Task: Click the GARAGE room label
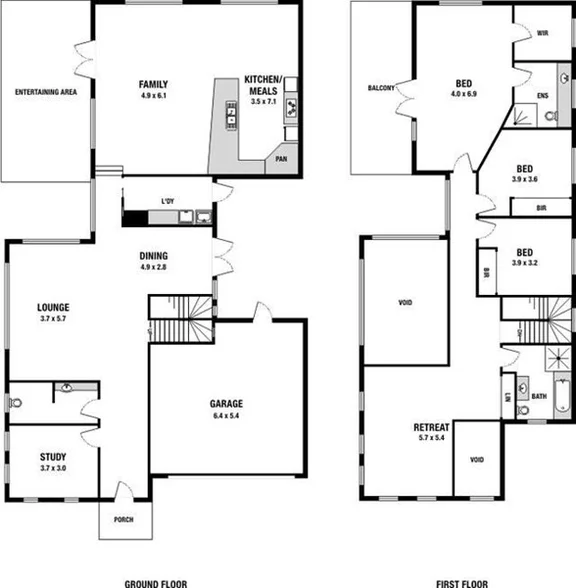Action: (224, 404)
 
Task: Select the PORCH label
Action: (125, 519)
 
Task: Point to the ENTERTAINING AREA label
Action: (46, 92)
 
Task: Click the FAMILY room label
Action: (153, 83)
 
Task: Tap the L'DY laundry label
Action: (168, 203)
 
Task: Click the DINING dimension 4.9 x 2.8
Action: (154, 267)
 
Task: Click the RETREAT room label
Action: (436, 427)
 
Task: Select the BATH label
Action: (539, 396)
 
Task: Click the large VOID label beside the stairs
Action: (405, 302)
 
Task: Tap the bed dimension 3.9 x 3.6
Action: (525, 179)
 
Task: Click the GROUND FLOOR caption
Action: (155, 582)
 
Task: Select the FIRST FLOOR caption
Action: (462, 582)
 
